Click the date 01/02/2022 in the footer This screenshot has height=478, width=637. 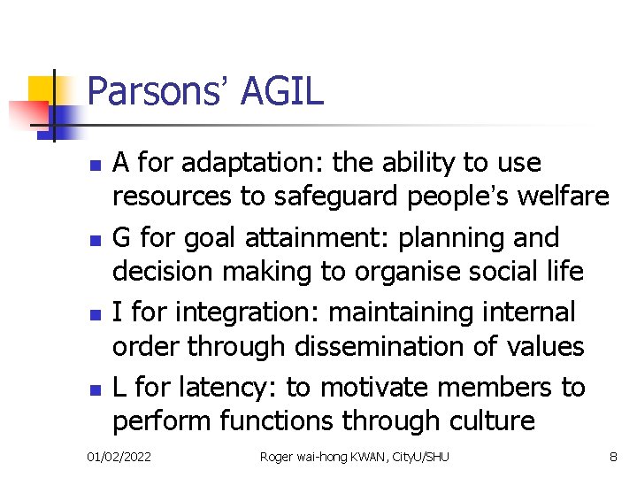119,457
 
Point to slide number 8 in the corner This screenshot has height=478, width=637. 613,457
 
